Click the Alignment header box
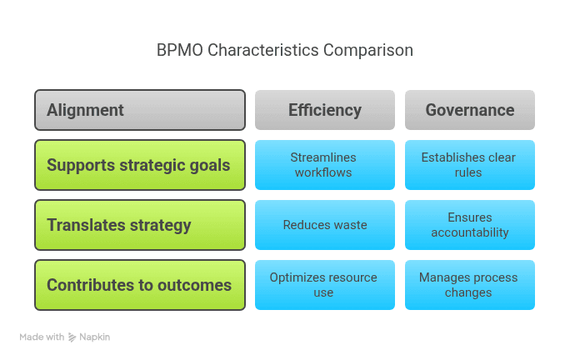click(x=140, y=110)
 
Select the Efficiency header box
click(x=325, y=110)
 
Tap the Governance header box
click(x=470, y=110)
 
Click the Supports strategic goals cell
click(x=140, y=165)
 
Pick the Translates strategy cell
click(x=140, y=225)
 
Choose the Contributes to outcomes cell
click(x=140, y=285)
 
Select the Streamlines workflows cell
click(x=325, y=165)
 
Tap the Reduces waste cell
click(x=325, y=225)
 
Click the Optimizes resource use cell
click(x=325, y=285)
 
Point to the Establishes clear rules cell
click(x=470, y=165)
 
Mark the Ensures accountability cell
click(x=470, y=225)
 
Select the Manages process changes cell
click(x=470, y=285)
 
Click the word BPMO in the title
click(x=179, y=50)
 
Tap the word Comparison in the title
click(x=368, y=50)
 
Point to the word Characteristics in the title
click(x=263, y=50)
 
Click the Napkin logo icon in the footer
click(x=72, y=337)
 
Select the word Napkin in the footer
click(x=94, y=337)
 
